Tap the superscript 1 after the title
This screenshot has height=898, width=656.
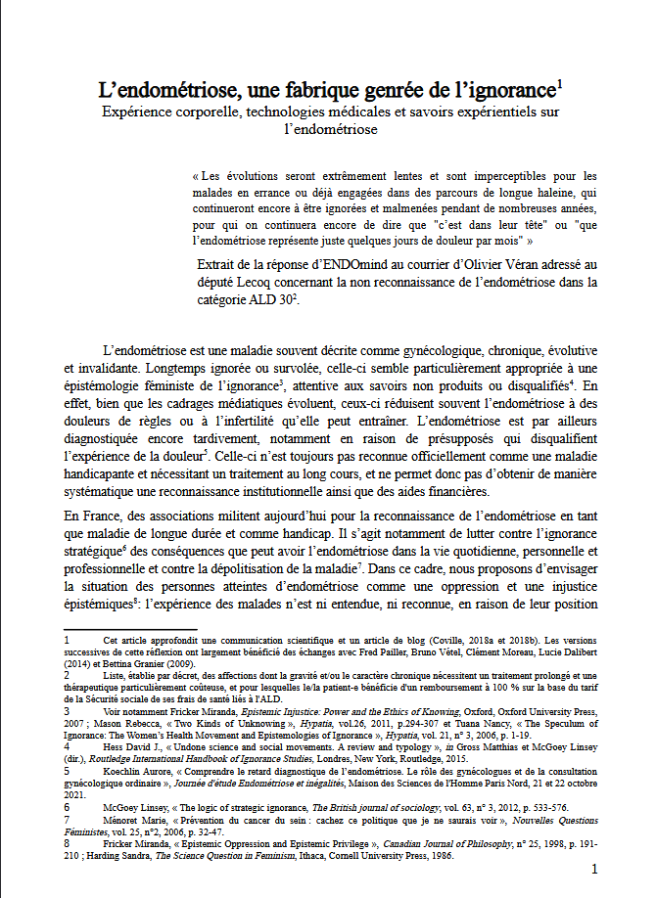click(x=558, y=85)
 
